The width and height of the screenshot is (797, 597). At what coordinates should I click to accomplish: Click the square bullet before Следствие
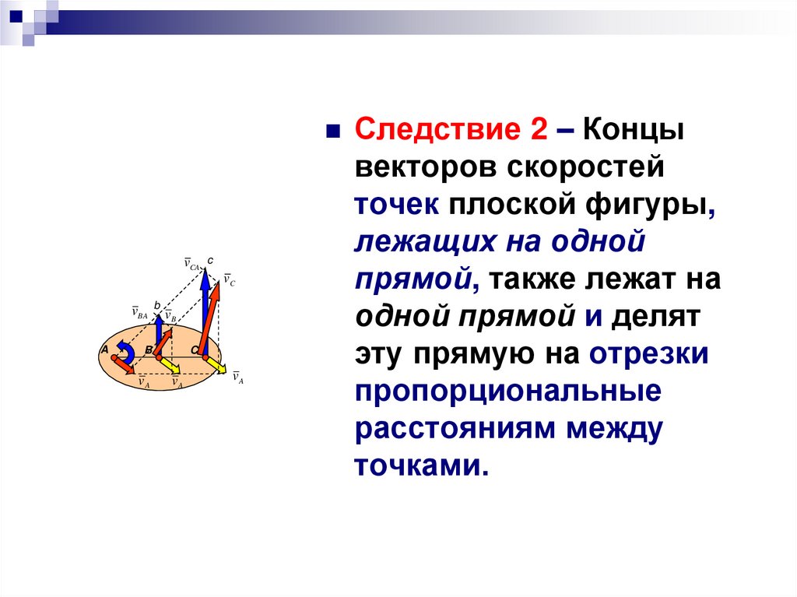[x=332, y=132]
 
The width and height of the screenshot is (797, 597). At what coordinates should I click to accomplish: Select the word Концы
[x=633, y=131]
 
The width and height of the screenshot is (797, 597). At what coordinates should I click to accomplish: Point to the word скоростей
[x=585, y=167]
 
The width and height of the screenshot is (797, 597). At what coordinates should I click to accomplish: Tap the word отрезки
[x=648, y=354]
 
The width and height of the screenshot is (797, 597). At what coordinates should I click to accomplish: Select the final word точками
[x=421, y=465]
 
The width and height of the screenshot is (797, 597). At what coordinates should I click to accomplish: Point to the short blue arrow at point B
[x=159, y=335]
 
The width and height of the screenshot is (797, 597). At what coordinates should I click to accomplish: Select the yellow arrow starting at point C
[x=216, y=365]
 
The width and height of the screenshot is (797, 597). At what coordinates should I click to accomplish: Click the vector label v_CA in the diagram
[x=191, y=265]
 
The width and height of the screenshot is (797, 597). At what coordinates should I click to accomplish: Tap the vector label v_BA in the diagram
[x=139, y=312]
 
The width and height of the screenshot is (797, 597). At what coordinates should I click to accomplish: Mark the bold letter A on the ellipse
[x=105, y=349]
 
